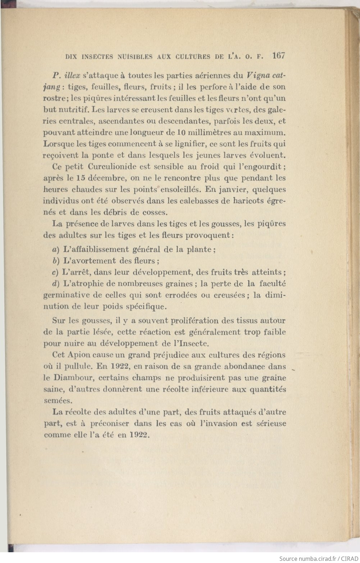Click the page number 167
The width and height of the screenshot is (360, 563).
pyautogui.click(x=279, y=56)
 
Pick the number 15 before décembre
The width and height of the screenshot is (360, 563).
pyautogui.click(x=82, y=178)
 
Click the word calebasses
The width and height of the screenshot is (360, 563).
pyautogui.click(x=198, y=201)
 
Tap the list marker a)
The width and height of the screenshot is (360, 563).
pyautogui.click(x=55, y=250)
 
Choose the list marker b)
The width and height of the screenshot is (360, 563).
pyautogui.click(x=55, y=261)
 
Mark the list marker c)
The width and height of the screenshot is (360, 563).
pyautogui.click(x=55, y=272)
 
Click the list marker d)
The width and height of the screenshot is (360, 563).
pyautogui.click(x=55, y=284)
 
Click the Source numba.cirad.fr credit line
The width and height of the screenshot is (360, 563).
pyautogui.click(x=319, y=559)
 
